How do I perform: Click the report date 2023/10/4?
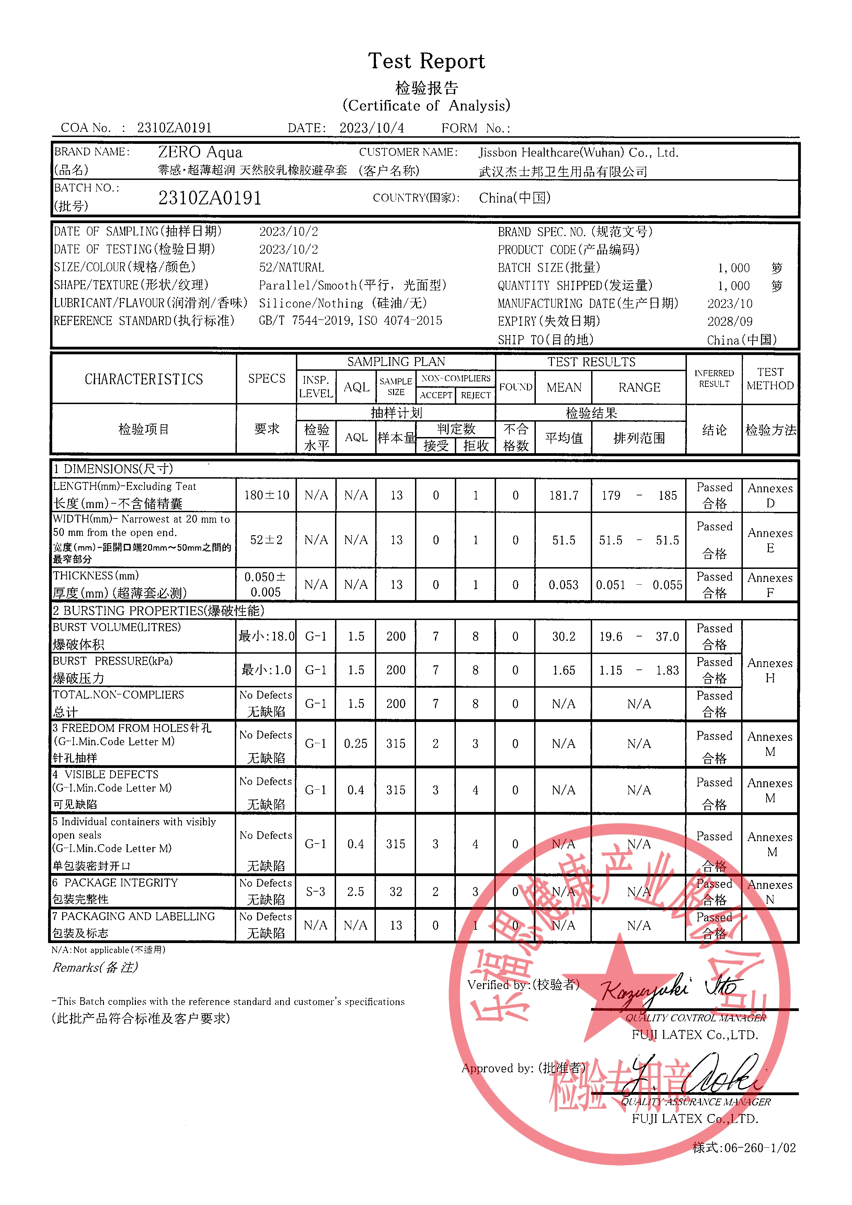(371, 128)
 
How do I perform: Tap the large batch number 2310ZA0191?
(209, 198)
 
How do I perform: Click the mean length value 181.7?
(563, 495)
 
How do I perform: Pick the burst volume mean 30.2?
(563, 636)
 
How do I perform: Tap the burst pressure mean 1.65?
(563, 670)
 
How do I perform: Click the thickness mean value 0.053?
(563, 585)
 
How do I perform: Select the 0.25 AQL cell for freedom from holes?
(356, 744)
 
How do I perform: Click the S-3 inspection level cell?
(315, 892)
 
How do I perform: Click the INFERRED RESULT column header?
(714, 378)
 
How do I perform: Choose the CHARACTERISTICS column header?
(144, 379)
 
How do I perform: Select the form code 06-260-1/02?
(744, 1148)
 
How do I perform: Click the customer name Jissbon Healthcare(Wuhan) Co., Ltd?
(578, 153)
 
